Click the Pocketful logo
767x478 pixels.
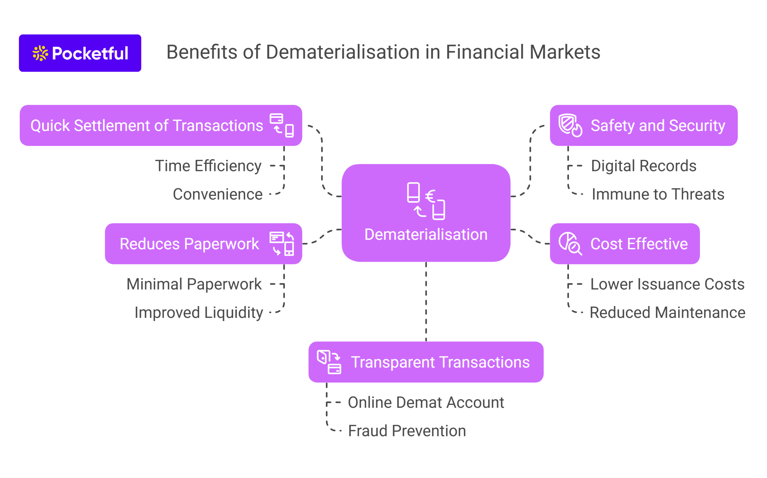[80, 53]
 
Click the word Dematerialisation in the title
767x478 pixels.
[343, 52]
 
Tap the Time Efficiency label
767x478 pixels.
[208, 166]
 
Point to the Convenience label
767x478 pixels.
[218, 194]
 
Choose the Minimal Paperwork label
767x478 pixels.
[194, 284]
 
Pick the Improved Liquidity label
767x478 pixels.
[199, 313]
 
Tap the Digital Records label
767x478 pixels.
[644, 166]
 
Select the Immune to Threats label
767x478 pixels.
[658, 194]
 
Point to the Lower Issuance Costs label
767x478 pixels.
[668, 284]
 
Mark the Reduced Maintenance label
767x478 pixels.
[668, 313]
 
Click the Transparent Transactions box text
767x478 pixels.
[440, 362]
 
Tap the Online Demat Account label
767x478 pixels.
[426, 403]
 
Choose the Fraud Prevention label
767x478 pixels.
[407, 431]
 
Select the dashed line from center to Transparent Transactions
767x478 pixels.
[426, 302]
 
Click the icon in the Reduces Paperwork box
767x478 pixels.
[282, 244]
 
